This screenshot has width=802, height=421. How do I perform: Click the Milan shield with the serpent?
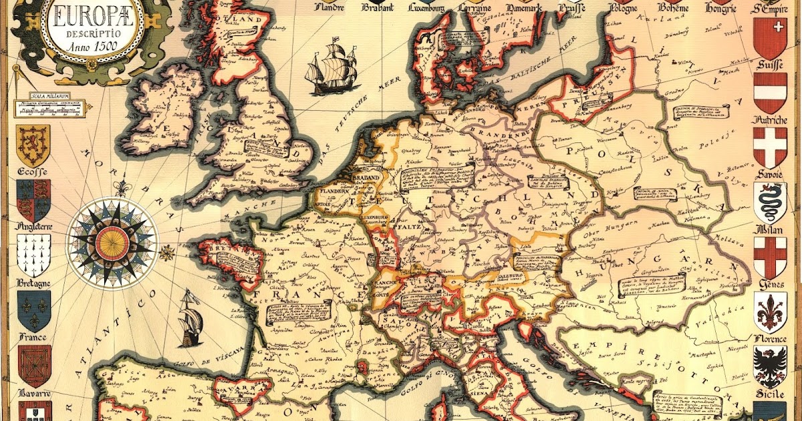pyautogui.click(x=770, y=202)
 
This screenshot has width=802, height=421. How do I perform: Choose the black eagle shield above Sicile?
pyautogui.click(x=770, y=366)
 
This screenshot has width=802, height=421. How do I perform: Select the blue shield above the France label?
pyautogui.click(x=33, y=309)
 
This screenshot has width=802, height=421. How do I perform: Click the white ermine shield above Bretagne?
pyautogui.click(x=33, y=255)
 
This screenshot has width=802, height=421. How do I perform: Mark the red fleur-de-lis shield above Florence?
pyautogui.click(x=770, y=311)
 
